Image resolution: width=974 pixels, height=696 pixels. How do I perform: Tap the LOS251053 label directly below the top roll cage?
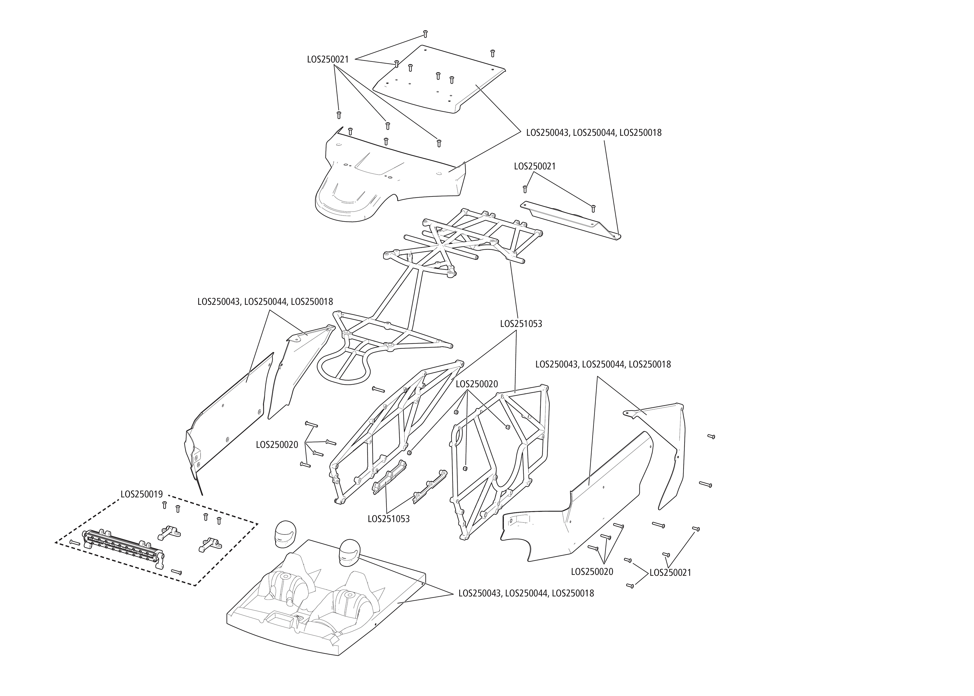tap(521, 324)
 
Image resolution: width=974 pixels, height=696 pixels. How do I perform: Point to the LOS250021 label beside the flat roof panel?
tap(328, 60)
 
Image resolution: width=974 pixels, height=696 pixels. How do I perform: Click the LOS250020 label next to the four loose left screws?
tap(277, 445)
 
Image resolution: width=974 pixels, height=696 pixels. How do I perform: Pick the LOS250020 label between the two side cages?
tap(477, 384)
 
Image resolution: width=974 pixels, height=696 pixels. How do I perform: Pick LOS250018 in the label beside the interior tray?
tap(573, 594)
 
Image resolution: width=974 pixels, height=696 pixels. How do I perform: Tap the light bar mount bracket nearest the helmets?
tap(209, 544)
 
